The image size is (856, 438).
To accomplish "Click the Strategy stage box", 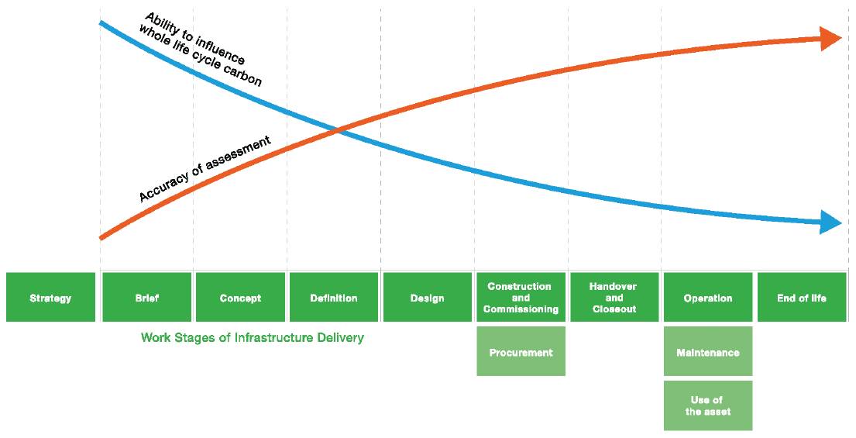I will (x=50, y=298).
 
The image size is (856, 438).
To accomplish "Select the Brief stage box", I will (x=146, y=298).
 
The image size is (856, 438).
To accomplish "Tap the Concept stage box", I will (x=240, y=298).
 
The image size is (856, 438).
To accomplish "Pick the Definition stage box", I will (x=334, y=298).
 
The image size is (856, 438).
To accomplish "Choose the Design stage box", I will (x=428, y=298).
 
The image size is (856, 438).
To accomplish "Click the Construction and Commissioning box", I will (x=521, y=298).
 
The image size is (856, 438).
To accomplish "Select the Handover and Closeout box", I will (x=614, y=298).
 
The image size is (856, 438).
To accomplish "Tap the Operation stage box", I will (x=708, y=298).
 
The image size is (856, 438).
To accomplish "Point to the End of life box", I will (x=802, y=298).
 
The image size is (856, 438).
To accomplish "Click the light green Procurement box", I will (x=521, y=352).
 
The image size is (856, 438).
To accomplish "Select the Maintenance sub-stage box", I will (x=708, y=352).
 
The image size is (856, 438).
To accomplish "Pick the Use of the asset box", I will (x=708, y=405).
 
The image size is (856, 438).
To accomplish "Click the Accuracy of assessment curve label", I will (x=205, y=168).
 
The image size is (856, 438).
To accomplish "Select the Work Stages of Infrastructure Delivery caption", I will (x=252, y=338).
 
